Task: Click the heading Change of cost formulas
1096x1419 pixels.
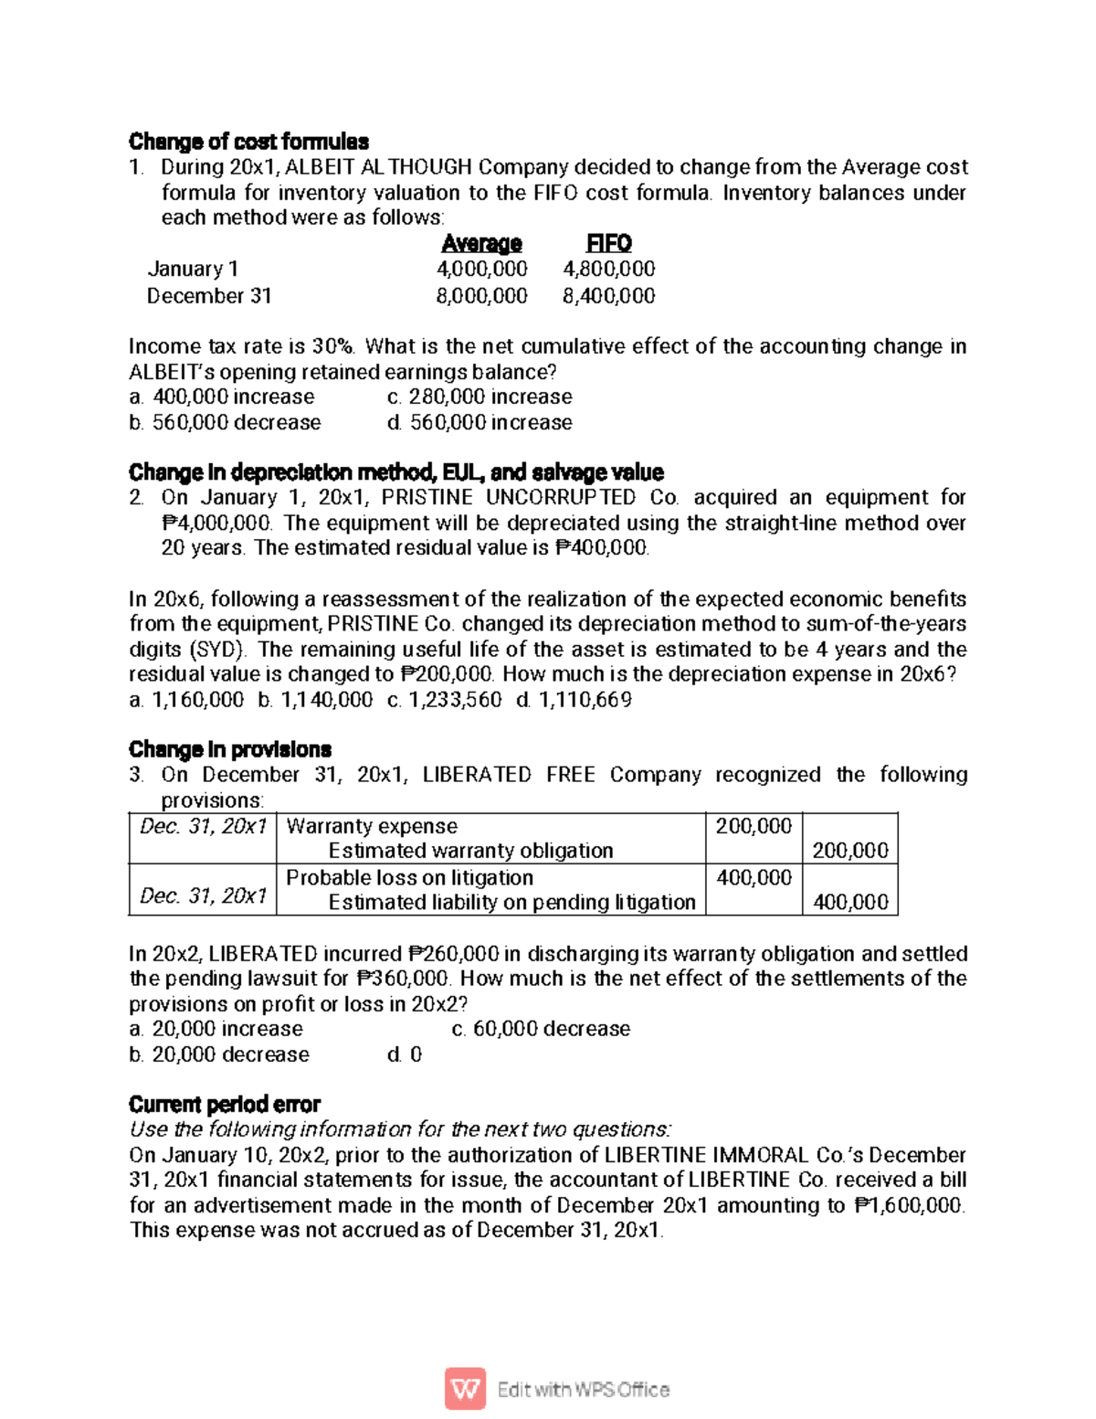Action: click(248, 142)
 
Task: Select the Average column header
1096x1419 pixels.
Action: click(481, 244)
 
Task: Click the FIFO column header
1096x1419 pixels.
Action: click(608, 244)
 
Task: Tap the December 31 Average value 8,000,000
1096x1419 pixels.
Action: click(481, 296)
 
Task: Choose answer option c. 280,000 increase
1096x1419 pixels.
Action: click(479, 397)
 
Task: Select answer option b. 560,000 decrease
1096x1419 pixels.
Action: click(225, 423)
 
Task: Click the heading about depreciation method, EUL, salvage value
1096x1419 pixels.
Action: click(395, 472)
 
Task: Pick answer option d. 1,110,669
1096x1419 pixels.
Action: click(574, 701)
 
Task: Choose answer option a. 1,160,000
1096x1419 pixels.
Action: click(186, 701)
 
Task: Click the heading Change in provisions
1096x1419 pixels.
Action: click(229, 750)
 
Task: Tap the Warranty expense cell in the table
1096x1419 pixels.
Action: click(372, 827)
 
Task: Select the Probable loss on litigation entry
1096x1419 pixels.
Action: click(409, 878)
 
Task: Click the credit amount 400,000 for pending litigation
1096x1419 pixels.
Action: click(849, 903)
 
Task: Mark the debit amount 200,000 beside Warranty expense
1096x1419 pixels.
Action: click(753, 827)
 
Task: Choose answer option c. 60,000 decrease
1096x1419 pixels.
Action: click(541, 1029)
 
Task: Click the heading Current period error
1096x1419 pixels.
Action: click(225, 1105)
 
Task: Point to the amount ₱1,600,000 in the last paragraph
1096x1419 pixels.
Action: click(909, 1206)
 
